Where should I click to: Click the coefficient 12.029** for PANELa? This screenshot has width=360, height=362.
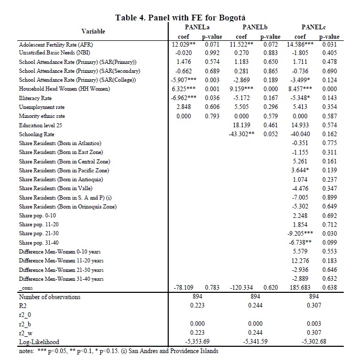(x=184, y=45)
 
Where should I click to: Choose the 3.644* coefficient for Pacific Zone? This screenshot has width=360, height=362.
(x=301, y=170)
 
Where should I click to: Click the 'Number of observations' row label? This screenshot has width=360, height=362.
(x=50, y=297)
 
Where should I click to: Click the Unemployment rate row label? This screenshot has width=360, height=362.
(x=41, y=107)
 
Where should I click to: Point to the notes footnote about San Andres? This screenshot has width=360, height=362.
(x=118, y=351)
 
